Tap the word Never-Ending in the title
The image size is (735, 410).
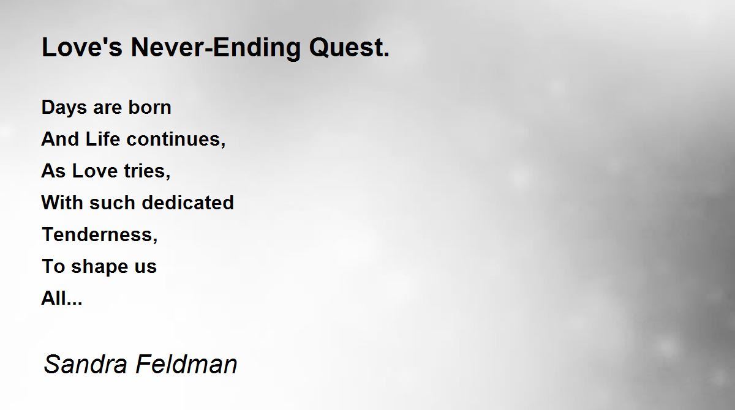click(x=216, y=48)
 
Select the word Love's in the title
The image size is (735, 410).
click(x=82, y=47)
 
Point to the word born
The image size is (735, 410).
click(x=149, y=107)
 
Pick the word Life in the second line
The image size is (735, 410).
click(x=102, y=139)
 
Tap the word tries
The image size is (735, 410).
click(x=147, y=171)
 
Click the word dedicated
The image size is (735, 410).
click(x=188, y=202)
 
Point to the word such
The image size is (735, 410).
click(x=112, y=202)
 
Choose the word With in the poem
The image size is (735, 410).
click(x=62, y=202)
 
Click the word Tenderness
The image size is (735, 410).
click(x=100, y=234)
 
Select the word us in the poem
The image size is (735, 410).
click(x=146, y=267)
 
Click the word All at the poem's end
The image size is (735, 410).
click(x=54, y=298)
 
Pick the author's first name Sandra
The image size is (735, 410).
click(x=85, y=363)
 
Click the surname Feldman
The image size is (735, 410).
click(x=186, y=363)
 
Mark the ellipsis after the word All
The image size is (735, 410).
click(x=75, y=304)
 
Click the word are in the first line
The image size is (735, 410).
click(x=107, y=108)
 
